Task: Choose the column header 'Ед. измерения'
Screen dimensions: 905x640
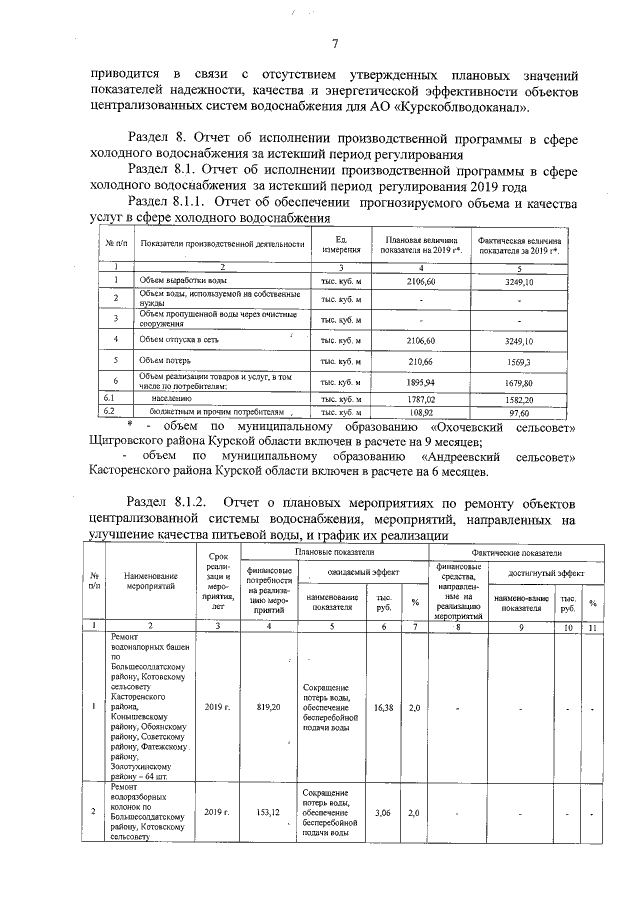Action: pos(339,244)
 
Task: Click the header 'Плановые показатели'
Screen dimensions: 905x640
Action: pos(334,552)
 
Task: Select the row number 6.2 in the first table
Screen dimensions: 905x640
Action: pos(114,411)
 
